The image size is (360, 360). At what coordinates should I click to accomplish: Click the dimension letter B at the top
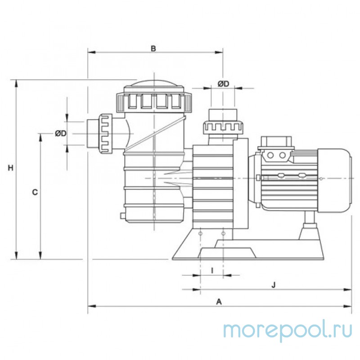coord(153,48)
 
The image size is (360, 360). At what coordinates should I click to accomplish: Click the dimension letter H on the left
coord(12,168)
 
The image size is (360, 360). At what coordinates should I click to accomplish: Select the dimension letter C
coord(35,193)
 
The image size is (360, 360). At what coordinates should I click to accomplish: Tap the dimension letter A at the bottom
coord(219,301)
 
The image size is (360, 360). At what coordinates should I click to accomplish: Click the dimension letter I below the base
coord(212,270)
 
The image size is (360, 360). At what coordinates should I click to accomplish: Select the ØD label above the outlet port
coord(224,84)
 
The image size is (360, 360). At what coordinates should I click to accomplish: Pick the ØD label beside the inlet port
coord(61,134)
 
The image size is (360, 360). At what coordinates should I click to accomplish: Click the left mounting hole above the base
coord(200,234)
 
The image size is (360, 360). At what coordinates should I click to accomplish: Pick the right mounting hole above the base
coord(224,234)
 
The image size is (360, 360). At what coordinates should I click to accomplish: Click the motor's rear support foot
coord(309,227)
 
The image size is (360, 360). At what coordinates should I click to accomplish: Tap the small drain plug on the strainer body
coord(122,215)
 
